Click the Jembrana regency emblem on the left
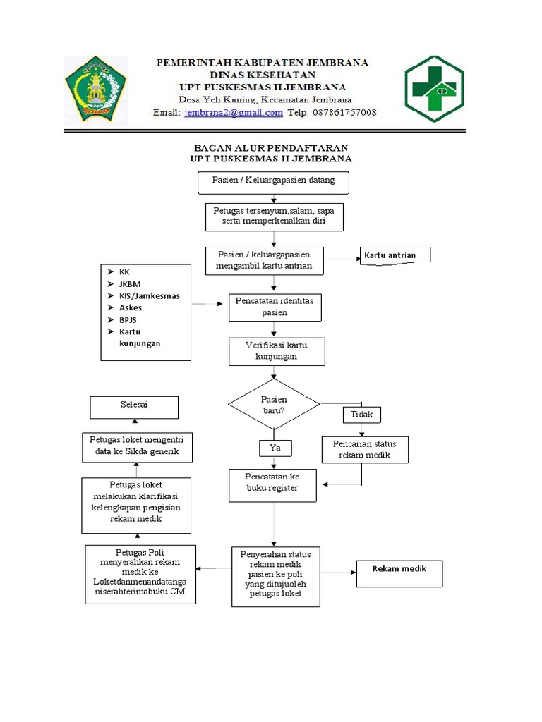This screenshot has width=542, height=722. pos(95,89)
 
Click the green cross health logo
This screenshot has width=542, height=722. pos(433,89)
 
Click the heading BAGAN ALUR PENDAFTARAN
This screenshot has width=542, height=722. pos(271,147)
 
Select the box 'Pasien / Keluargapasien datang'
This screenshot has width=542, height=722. pos(272,181)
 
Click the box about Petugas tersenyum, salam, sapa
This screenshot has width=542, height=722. pos(275,217)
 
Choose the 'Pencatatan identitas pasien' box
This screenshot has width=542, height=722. pos(275,307)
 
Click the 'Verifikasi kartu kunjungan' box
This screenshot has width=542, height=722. pos(276,351)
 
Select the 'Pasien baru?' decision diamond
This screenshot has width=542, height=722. pos(274,405)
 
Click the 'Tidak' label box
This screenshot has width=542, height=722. pos(361,415)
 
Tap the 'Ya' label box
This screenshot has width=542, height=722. pos(275,448)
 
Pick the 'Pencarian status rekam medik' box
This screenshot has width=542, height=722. pos(364,450)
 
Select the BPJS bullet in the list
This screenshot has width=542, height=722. pos(129,319)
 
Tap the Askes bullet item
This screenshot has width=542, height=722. pos(131,307)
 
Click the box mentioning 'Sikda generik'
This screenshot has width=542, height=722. pos(137,447)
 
